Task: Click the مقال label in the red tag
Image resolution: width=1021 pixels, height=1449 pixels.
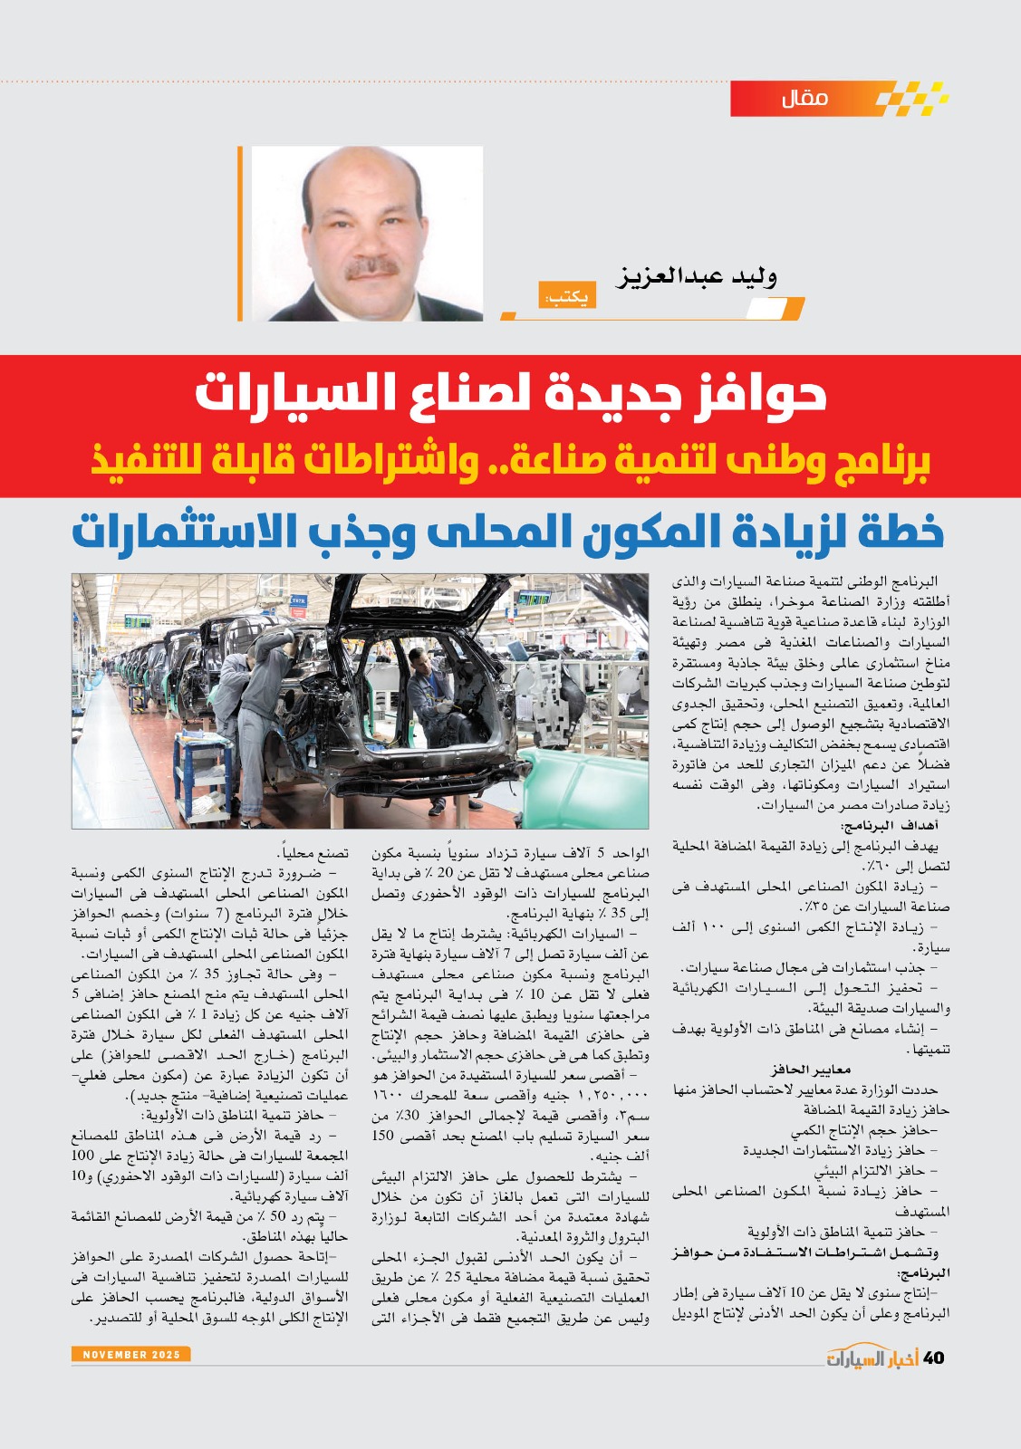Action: pos(804,98)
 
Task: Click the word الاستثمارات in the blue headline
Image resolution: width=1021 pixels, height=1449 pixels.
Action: pos(186,533)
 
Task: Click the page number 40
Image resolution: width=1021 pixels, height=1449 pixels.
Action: pos(933,1358)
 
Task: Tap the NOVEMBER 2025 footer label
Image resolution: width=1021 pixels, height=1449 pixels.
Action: pos(130,1355)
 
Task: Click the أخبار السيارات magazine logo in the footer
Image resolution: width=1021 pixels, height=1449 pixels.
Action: pos(872,1358)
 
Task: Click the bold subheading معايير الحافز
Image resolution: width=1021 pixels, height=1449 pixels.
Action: pos(810,1070)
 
